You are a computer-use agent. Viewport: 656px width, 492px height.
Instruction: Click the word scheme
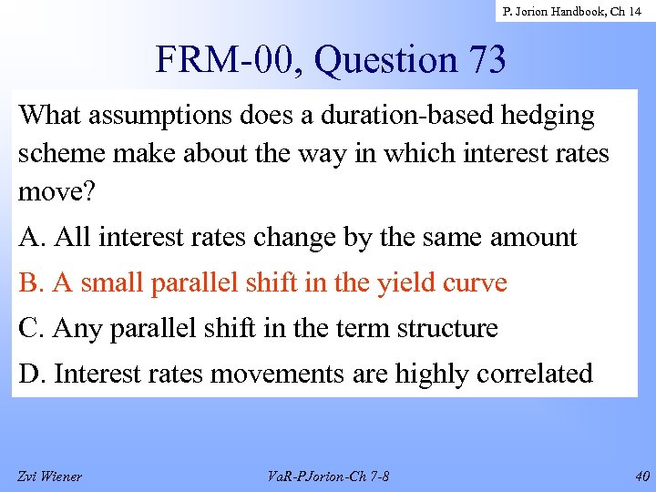pos(60,154)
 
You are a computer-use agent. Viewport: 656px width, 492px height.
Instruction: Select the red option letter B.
pos(30,283)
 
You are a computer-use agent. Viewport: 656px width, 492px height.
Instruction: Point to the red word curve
pos(476,283)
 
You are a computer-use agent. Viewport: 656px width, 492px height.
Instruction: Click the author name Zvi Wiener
pos(49,476)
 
